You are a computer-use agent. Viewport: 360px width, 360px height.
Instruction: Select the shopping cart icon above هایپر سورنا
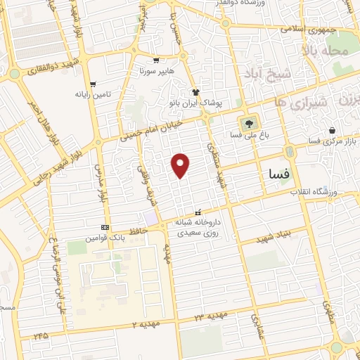155,60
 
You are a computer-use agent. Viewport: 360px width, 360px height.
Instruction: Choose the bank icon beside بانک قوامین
105,227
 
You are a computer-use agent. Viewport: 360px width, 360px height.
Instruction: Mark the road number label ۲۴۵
41,337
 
